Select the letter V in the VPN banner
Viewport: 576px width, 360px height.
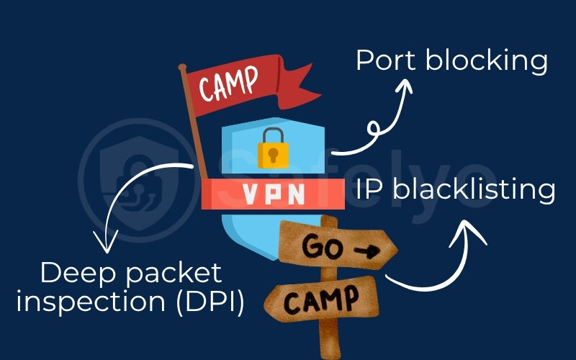click(247, 193)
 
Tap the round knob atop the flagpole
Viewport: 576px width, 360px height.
click(183, 68)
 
